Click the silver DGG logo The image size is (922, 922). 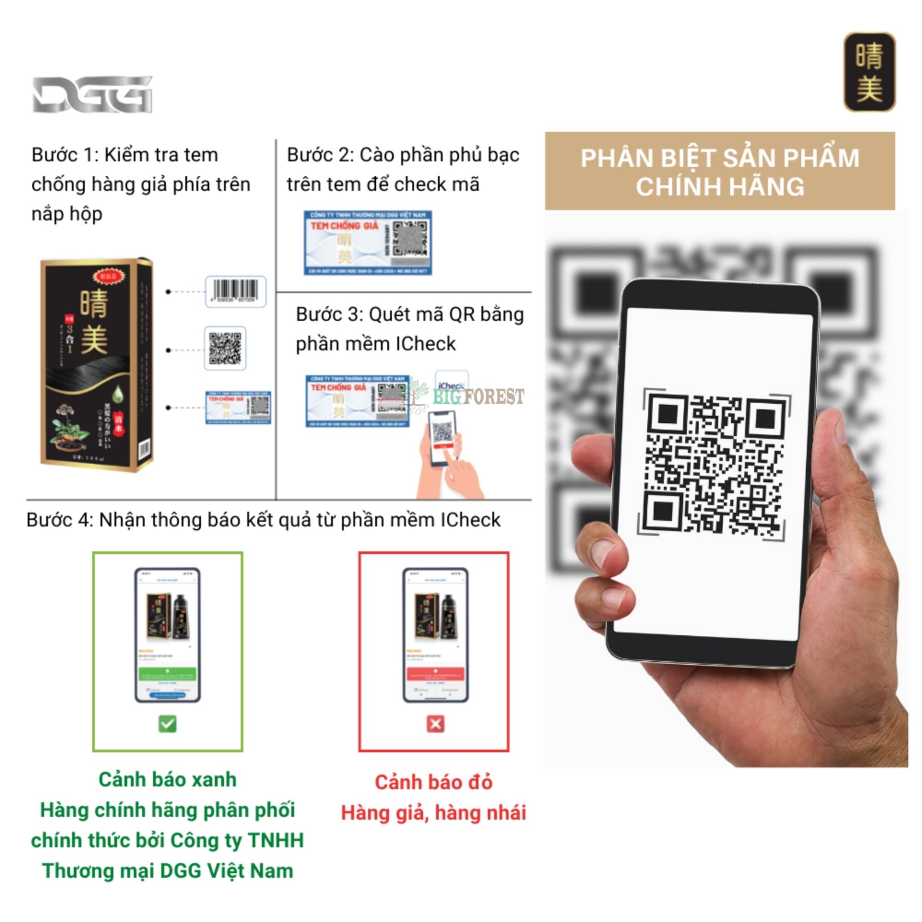[x=93, y=95]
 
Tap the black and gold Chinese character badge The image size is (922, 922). [x=869, y=72]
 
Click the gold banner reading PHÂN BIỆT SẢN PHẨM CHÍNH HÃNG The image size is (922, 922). [x=720, y=171]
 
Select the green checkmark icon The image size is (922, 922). [x=167, y=724]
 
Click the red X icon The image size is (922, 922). [x=435, y=724]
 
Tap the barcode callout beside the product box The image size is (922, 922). [x=236, y=291]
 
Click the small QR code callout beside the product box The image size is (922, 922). [x=225, y=349]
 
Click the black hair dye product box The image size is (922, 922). [x=97, y=365]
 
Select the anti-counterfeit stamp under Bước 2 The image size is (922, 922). [x=368, y=243]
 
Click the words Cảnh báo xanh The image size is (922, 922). [x=167, y=779]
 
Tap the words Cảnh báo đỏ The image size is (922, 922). [x=433, y=782]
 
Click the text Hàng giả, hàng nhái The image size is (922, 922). [x=433, y=813]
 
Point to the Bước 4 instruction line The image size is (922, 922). [x=263, y=520]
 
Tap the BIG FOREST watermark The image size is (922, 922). [x=477, y=396]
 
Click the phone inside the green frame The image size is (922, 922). [x=167, y=635]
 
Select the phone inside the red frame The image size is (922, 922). [x=435, y=635]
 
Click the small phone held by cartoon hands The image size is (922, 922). [x=443, y=438]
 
